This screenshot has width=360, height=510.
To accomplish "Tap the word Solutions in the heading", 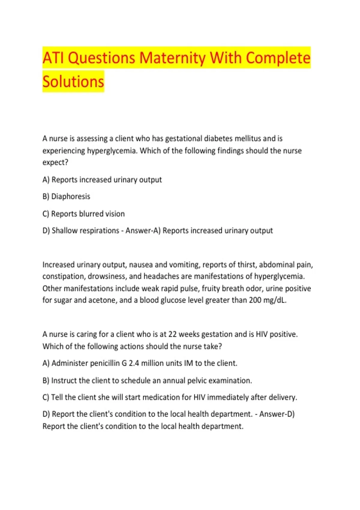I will click(x=73, y=82).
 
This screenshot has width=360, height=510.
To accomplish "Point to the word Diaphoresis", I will click(x=70, y=196).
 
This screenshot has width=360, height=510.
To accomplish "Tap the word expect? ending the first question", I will click(x=55, y=162).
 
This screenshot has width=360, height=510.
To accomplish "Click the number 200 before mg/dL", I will click(x=255, y=300).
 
